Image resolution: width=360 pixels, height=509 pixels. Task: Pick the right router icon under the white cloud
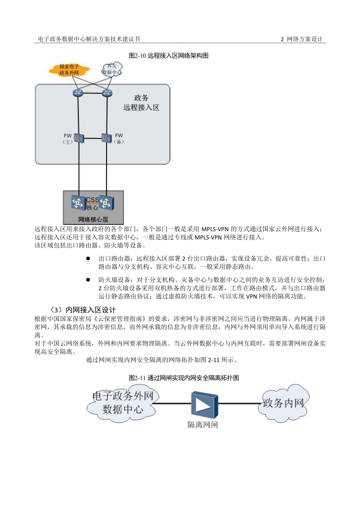pos(107,93)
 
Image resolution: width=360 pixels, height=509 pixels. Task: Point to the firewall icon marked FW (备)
pos(107,137)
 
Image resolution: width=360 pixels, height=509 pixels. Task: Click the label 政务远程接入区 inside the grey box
pos(141,103)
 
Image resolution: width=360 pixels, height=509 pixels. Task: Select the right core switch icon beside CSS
pos(107,203)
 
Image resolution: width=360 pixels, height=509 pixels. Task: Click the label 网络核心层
pos(93,219)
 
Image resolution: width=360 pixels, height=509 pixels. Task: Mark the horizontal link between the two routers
pos(93,94)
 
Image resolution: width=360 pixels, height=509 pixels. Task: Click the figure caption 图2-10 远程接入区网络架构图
pos(168,56)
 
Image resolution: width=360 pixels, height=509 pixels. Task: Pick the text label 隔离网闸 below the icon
pos(203,425)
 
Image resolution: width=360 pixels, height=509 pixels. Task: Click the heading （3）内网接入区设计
pos(82,310)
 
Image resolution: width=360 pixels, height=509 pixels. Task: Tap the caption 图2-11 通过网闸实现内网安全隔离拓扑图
pos(184,378)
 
